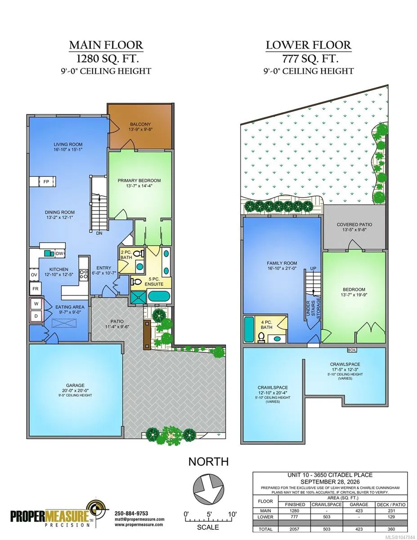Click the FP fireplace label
click(x=46, y=182)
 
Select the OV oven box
click(x=34, y=275)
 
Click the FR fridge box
click(x=35, y=289)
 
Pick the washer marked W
click(x=36, y=304)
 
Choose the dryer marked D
click(x=36, y=316)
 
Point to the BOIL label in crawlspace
click(x=352, y=350)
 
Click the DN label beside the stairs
click(x=99, y=234)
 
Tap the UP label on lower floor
click(x=313, y=269)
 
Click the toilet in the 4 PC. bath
click(x=261, y=337)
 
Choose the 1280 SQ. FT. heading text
click(x=108, y=59)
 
